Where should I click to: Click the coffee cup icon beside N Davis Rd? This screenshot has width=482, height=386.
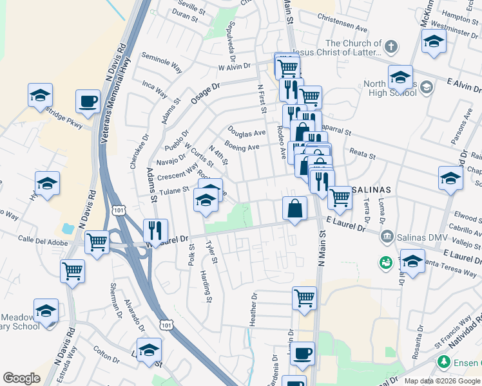click(x=88, y=101)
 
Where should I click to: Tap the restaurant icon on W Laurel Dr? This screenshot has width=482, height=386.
click(x=155, y=230)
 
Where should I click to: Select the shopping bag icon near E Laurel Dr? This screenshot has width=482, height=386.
click(x=294, y=208)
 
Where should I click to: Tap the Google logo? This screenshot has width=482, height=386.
click(x=21, y=378)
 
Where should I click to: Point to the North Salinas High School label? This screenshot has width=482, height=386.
click(x=389, y=88)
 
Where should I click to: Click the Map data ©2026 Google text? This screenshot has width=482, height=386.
click(x=436, y=381)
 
